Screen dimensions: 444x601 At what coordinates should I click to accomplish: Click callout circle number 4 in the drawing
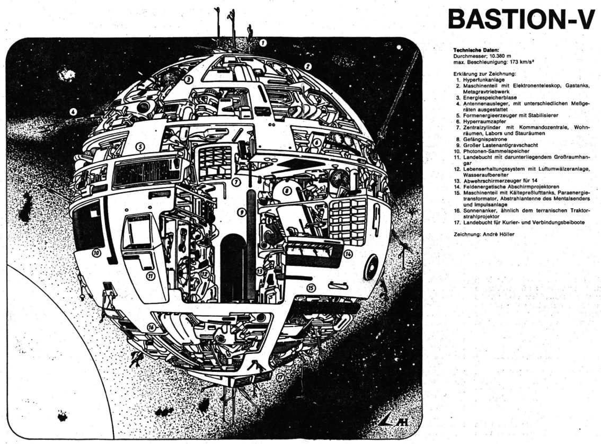pyautogui.click(x=73, y=112)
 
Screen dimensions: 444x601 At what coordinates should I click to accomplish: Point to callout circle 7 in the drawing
pyautogui.click(x=237, y=182)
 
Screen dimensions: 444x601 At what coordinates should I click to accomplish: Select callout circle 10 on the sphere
pyautogui.click(x=96, y=253)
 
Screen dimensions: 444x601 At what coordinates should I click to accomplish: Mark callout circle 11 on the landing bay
pyautogui.click(x=151, y=275)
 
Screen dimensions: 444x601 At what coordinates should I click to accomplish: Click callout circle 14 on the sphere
pyautogui.click(x=348, y=254)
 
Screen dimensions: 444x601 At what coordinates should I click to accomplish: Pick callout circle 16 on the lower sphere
pyautogui.click(x=152, y=327)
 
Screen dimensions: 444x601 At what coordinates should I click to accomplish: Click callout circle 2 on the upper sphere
pyautogui.click(x=307, y=67)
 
